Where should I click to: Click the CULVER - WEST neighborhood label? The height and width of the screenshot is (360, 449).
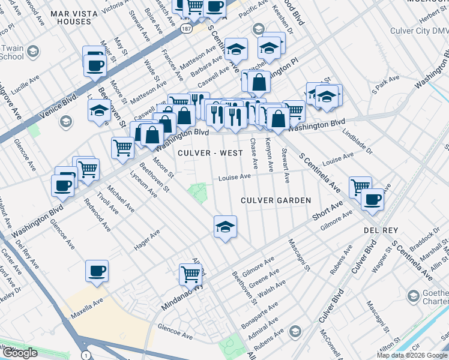[x=210, y=153]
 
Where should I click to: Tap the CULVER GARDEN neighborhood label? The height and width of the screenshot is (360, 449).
[x=276, y=200]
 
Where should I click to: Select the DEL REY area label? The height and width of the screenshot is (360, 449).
[x=378, y=230]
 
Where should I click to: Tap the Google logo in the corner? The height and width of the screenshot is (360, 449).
[x=19, y=353]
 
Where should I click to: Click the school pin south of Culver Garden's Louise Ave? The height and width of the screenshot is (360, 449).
[x=225, y=227]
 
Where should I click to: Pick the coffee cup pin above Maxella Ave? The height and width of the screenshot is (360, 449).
[x=97, y=271]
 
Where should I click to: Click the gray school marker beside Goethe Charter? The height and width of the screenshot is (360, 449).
[x=414, y=296]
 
